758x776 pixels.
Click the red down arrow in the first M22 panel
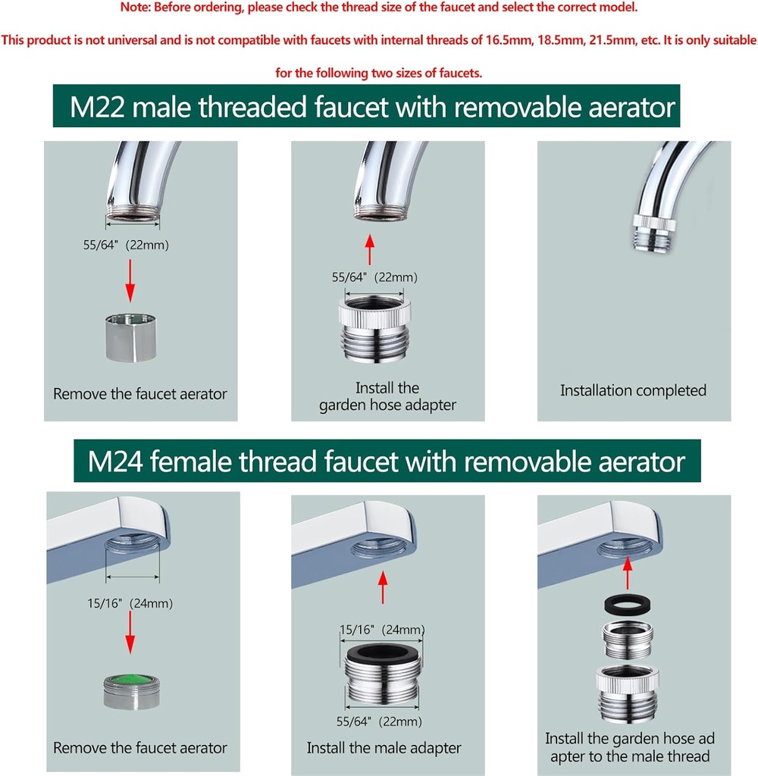tap(130, 280)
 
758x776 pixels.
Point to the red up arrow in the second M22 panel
tap(370, 248)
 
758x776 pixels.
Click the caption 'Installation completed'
tap(633, 390)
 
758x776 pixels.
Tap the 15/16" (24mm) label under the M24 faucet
tap(131, 604)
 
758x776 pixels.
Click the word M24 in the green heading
tap(114, 462)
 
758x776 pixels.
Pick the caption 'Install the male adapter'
tap(384, 747)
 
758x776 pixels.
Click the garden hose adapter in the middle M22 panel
tap(374, 330)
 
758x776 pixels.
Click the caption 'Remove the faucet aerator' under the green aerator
tap(140, 747)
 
